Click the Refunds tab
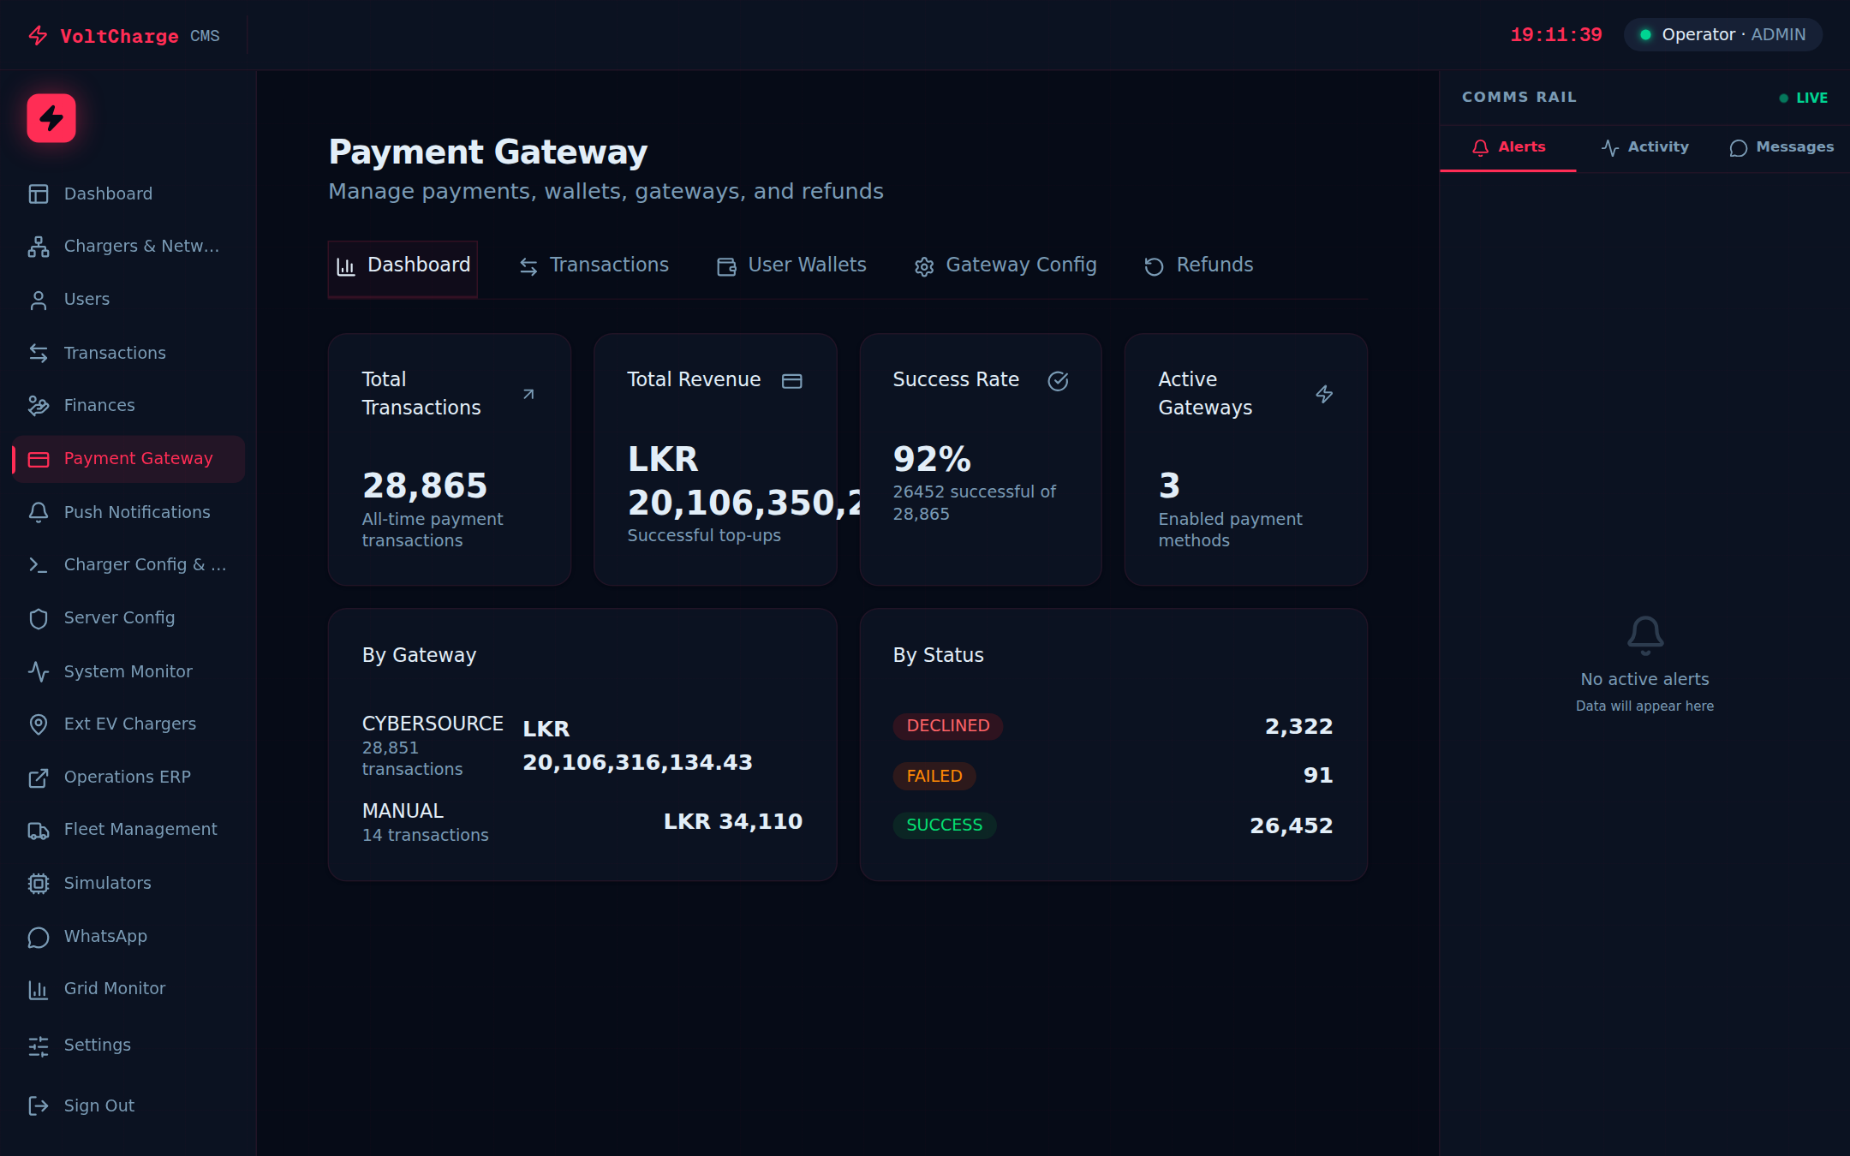[x=1198, y=265]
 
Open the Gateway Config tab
[x=1006, y=265]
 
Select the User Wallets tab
[x=791, y=265]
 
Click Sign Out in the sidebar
[x=98, y=1105]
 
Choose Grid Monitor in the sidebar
[x=114, y=988]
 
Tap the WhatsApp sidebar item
[x=105, y=936]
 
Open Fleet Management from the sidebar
[x=140, y=829]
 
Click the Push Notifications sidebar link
[x=136, y=512]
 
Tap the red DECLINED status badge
[x=947, y=726]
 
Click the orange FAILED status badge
[x=934, y=776]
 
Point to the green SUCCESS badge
[x=944, y=825]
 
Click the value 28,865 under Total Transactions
[x=425, y=486]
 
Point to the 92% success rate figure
[x=932, y=459]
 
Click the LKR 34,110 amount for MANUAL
[x=732, y=821]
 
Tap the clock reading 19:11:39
[x=1555, y=35]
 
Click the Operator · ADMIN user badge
[x=1722, y=35]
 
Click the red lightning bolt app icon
[x=51, y=118]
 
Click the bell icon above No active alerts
[x=1644, y=635]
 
